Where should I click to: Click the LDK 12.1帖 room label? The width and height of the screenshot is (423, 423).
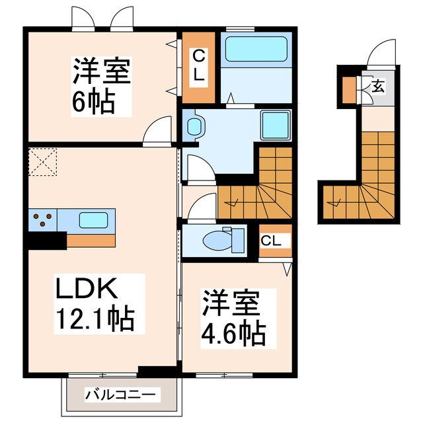point(95,305)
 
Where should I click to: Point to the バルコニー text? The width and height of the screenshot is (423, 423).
point(122,395)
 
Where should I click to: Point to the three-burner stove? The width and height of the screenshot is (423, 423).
point(42,219)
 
